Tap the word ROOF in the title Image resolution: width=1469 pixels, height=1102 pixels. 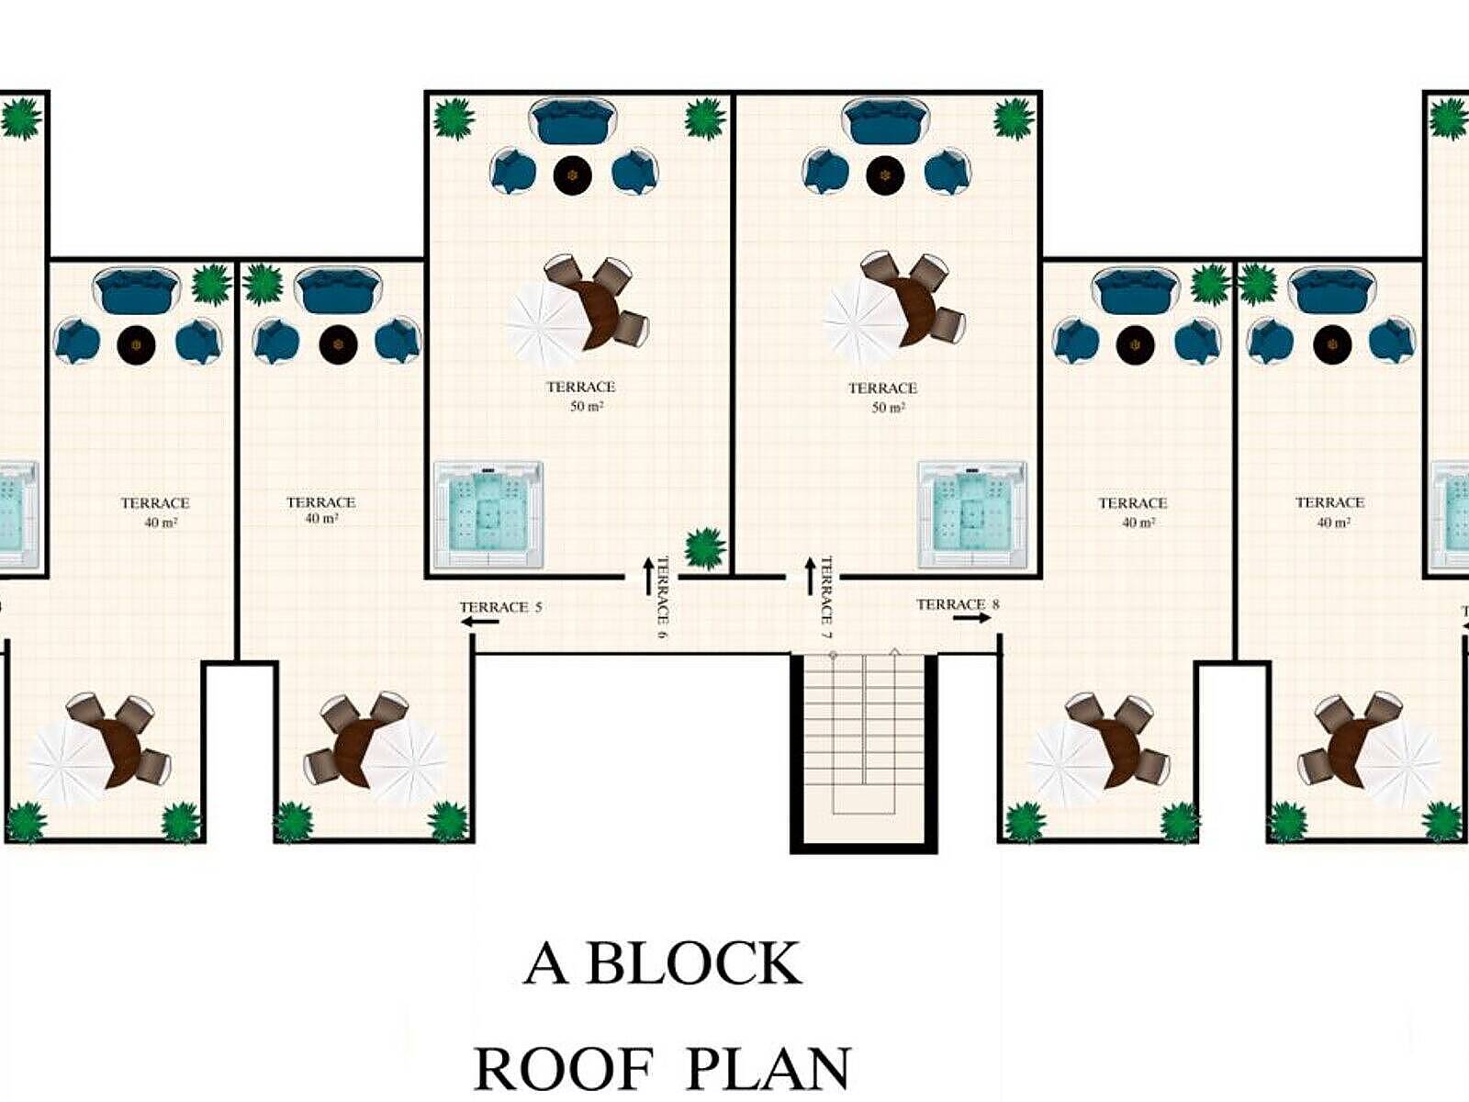[x=564, y=1070]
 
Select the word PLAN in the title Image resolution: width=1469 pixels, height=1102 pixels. [x=769, y=1070]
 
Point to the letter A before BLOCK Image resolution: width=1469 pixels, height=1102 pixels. [x=545, y=964]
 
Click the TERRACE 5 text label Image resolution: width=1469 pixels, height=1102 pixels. [x=500, y=607]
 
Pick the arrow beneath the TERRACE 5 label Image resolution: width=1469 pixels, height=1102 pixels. [x=480, y=623]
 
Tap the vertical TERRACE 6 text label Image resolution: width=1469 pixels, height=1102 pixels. [x=662, y=598]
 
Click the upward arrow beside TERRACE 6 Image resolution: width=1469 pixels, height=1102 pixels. [x=647, y=576]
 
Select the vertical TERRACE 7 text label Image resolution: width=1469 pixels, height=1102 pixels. [x=826, y=598]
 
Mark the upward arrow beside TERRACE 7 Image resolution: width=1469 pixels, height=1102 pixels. [x=810, y=576]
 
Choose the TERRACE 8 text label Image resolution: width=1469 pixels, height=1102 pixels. [x=958, y=604]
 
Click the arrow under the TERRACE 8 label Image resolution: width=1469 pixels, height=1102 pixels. [x=971, y=617]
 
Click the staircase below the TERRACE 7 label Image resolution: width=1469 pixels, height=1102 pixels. [x=863, y=748]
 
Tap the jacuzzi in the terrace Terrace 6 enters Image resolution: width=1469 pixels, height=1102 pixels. [x=488, y=514]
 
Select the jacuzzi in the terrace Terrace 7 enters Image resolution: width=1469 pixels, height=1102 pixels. [x=972, y=514]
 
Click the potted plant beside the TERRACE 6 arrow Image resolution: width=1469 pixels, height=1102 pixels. [x=705, y=548]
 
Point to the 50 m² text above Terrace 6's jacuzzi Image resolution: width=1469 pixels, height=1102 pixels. [x=587, y=406]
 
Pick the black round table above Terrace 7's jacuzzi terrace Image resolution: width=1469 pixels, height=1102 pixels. [x=885, y=174]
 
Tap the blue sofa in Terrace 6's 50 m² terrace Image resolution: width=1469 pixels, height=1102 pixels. [x=574, y=121]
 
